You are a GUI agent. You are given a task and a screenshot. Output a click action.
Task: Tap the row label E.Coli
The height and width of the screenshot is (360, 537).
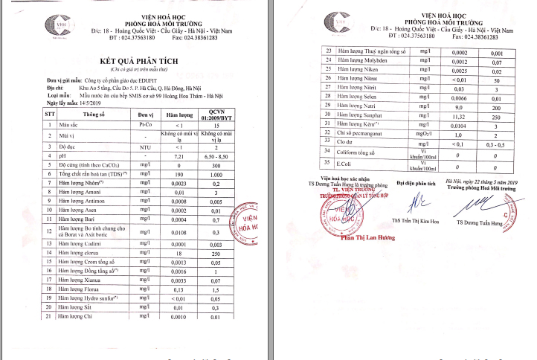click(347, 163)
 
